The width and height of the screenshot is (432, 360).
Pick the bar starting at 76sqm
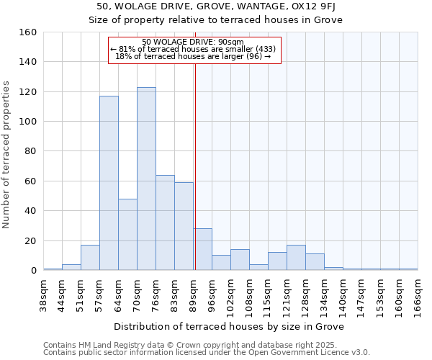(x=165, y=222)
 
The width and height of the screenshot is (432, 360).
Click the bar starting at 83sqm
(x=184, y=226)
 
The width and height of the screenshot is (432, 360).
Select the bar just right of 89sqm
(x=202, y=249)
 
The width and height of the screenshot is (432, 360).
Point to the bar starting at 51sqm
(x=90, y=258)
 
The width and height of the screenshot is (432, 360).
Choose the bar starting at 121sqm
(x=296, y=258)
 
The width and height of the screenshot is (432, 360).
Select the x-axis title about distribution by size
(x=230, y=326)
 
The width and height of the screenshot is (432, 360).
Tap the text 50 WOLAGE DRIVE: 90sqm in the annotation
(x=194, y=42)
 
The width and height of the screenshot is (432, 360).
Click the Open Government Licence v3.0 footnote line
(x=207, y=352)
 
